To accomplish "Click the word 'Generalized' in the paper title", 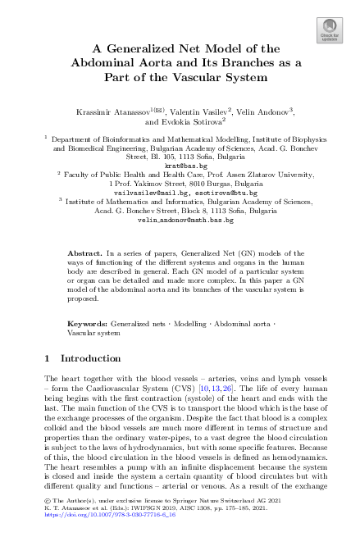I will pos(142,48).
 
